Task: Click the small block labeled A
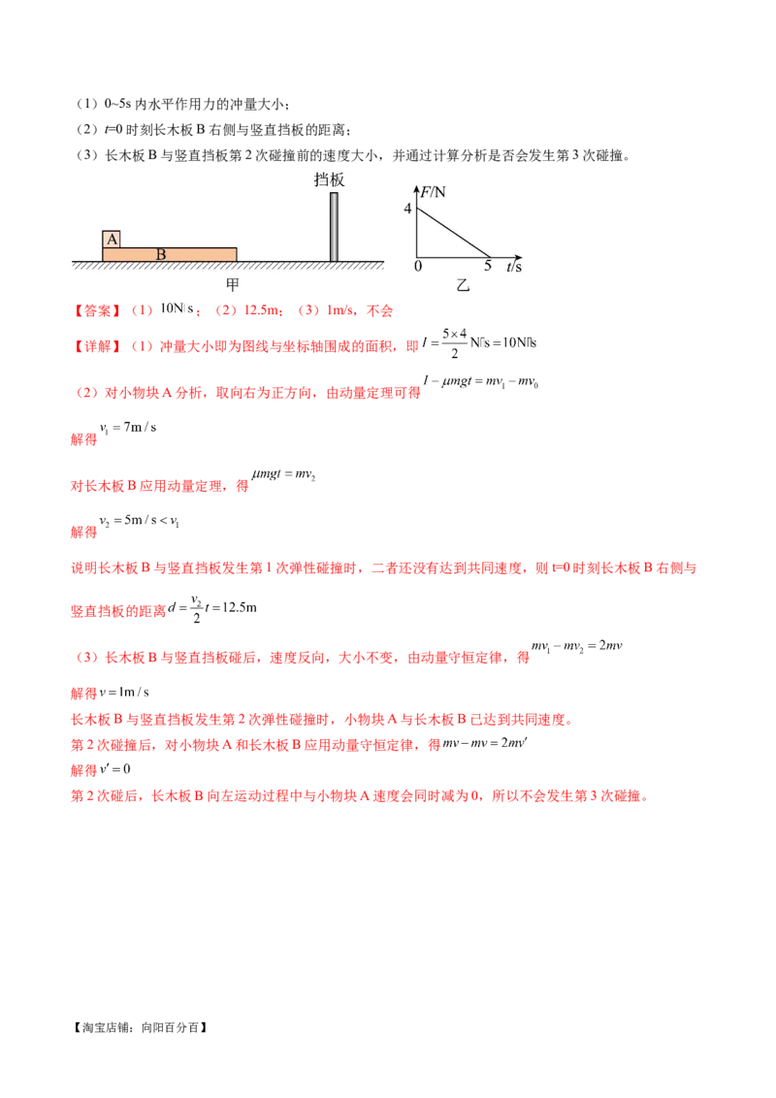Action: (x=112, y=239)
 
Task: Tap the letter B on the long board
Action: (x=161, y=254)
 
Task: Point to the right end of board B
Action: (x=236, y=254)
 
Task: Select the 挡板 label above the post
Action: (x=330, y=178)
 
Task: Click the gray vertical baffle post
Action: (x=334, y=228)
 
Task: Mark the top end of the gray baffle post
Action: (x=334, y=194)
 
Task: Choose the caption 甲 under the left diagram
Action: (x=233, y=284)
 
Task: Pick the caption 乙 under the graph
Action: (x=463, y=284)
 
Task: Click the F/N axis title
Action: (x=432, y=191)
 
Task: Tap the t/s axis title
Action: (x=514, y=266)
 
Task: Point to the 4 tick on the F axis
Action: (x=408, y=209)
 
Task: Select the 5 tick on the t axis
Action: (x=488, y=266)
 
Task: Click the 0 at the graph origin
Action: (x=418, y=266)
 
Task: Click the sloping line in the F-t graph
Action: (x=452, y=233)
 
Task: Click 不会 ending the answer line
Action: (x=380, y=311)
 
